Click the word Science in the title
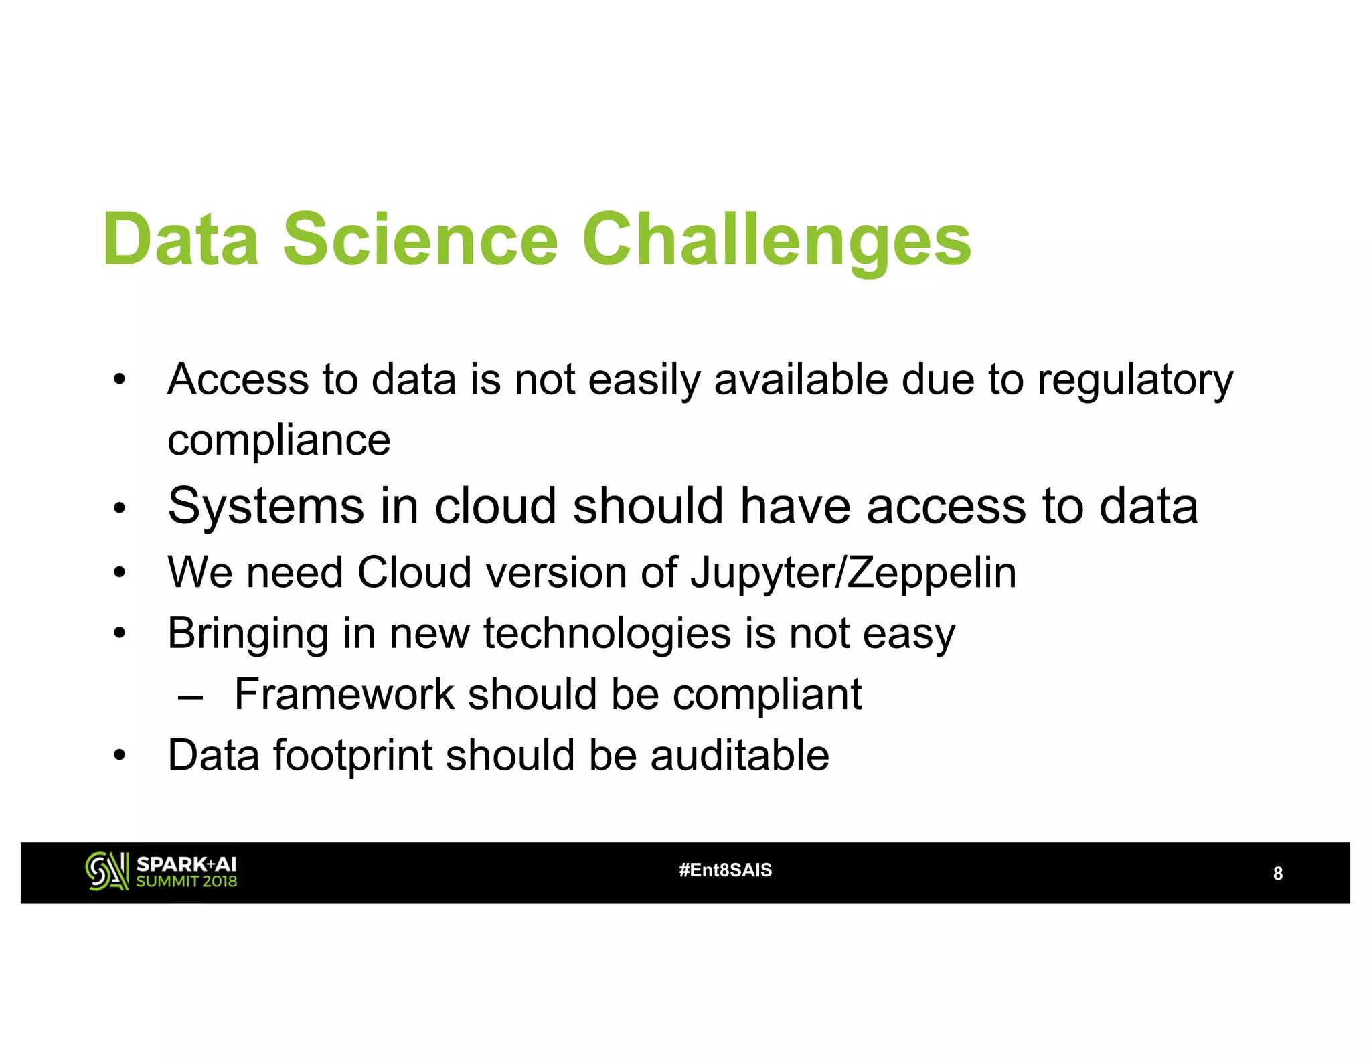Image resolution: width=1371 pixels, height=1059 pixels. point(420,240)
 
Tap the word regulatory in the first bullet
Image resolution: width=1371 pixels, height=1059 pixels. point(1135,380)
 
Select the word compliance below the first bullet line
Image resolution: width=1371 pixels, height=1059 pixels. point(278,441)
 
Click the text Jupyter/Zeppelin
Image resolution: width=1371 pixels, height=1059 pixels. point(854,574)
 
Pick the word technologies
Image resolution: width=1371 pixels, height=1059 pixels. point(607,633)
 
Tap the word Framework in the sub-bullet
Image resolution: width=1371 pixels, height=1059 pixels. point(344,694)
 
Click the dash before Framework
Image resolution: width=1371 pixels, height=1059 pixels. point(190,697)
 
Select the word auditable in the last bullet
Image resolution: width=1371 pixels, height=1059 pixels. point(740,755)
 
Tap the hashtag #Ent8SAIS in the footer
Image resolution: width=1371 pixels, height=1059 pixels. point(725,870)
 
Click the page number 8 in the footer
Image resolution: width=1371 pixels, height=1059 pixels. point(1277,874)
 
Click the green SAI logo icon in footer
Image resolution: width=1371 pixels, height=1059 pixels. point(106,872)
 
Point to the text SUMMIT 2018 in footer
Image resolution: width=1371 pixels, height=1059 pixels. point(187,882)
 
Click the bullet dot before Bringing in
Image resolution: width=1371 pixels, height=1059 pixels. point(119,633)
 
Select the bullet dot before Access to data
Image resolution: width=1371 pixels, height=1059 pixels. point(119,380)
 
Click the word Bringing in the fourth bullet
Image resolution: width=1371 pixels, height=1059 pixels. point(248,633)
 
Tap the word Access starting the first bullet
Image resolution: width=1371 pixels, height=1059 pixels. point(238,380)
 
